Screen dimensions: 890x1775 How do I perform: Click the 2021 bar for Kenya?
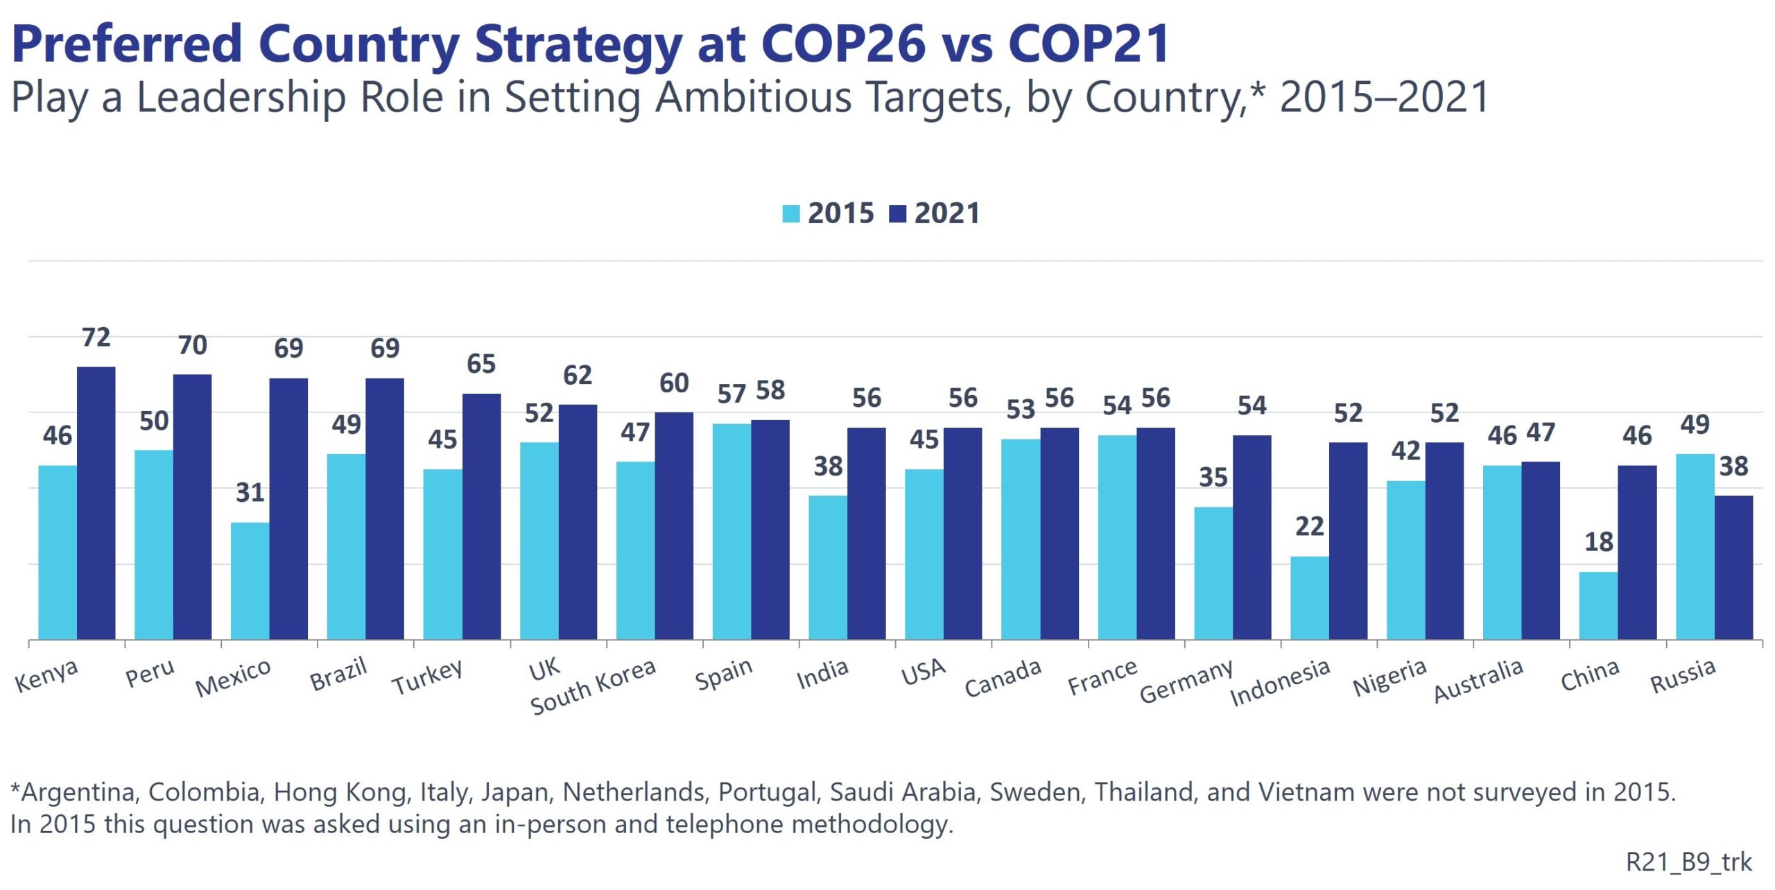coord(96,503)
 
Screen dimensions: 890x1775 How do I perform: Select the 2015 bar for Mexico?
coord(250,580)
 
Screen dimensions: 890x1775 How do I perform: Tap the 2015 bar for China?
coord(1598,605)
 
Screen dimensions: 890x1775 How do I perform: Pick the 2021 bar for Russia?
coord(1733,567)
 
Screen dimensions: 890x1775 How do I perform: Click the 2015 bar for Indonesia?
coord(1309,597)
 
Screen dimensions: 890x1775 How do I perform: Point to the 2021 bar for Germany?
coord(1252,537)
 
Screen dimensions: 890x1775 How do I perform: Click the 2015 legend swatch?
coord(790,213)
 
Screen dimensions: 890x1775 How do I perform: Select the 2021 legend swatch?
coord(897,213)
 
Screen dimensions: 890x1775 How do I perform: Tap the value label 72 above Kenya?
coord(96,338)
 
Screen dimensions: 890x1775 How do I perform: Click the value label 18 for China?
coord(1599,542)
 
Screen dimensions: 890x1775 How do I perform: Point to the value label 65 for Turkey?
coord(481,364)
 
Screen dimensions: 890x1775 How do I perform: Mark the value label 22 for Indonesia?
coord(1310,527)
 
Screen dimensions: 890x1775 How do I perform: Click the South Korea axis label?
coord(593,686)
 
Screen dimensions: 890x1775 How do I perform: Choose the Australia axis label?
coord(1478,681)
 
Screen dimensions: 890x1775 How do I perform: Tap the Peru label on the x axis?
coord(150,673)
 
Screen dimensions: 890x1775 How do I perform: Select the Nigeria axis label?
coord(1389,678)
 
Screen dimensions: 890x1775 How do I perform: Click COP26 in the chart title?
coord(843,44)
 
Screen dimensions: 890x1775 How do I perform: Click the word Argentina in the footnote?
coord(78,792)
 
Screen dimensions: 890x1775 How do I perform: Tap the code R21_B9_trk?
coord(1688,862)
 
